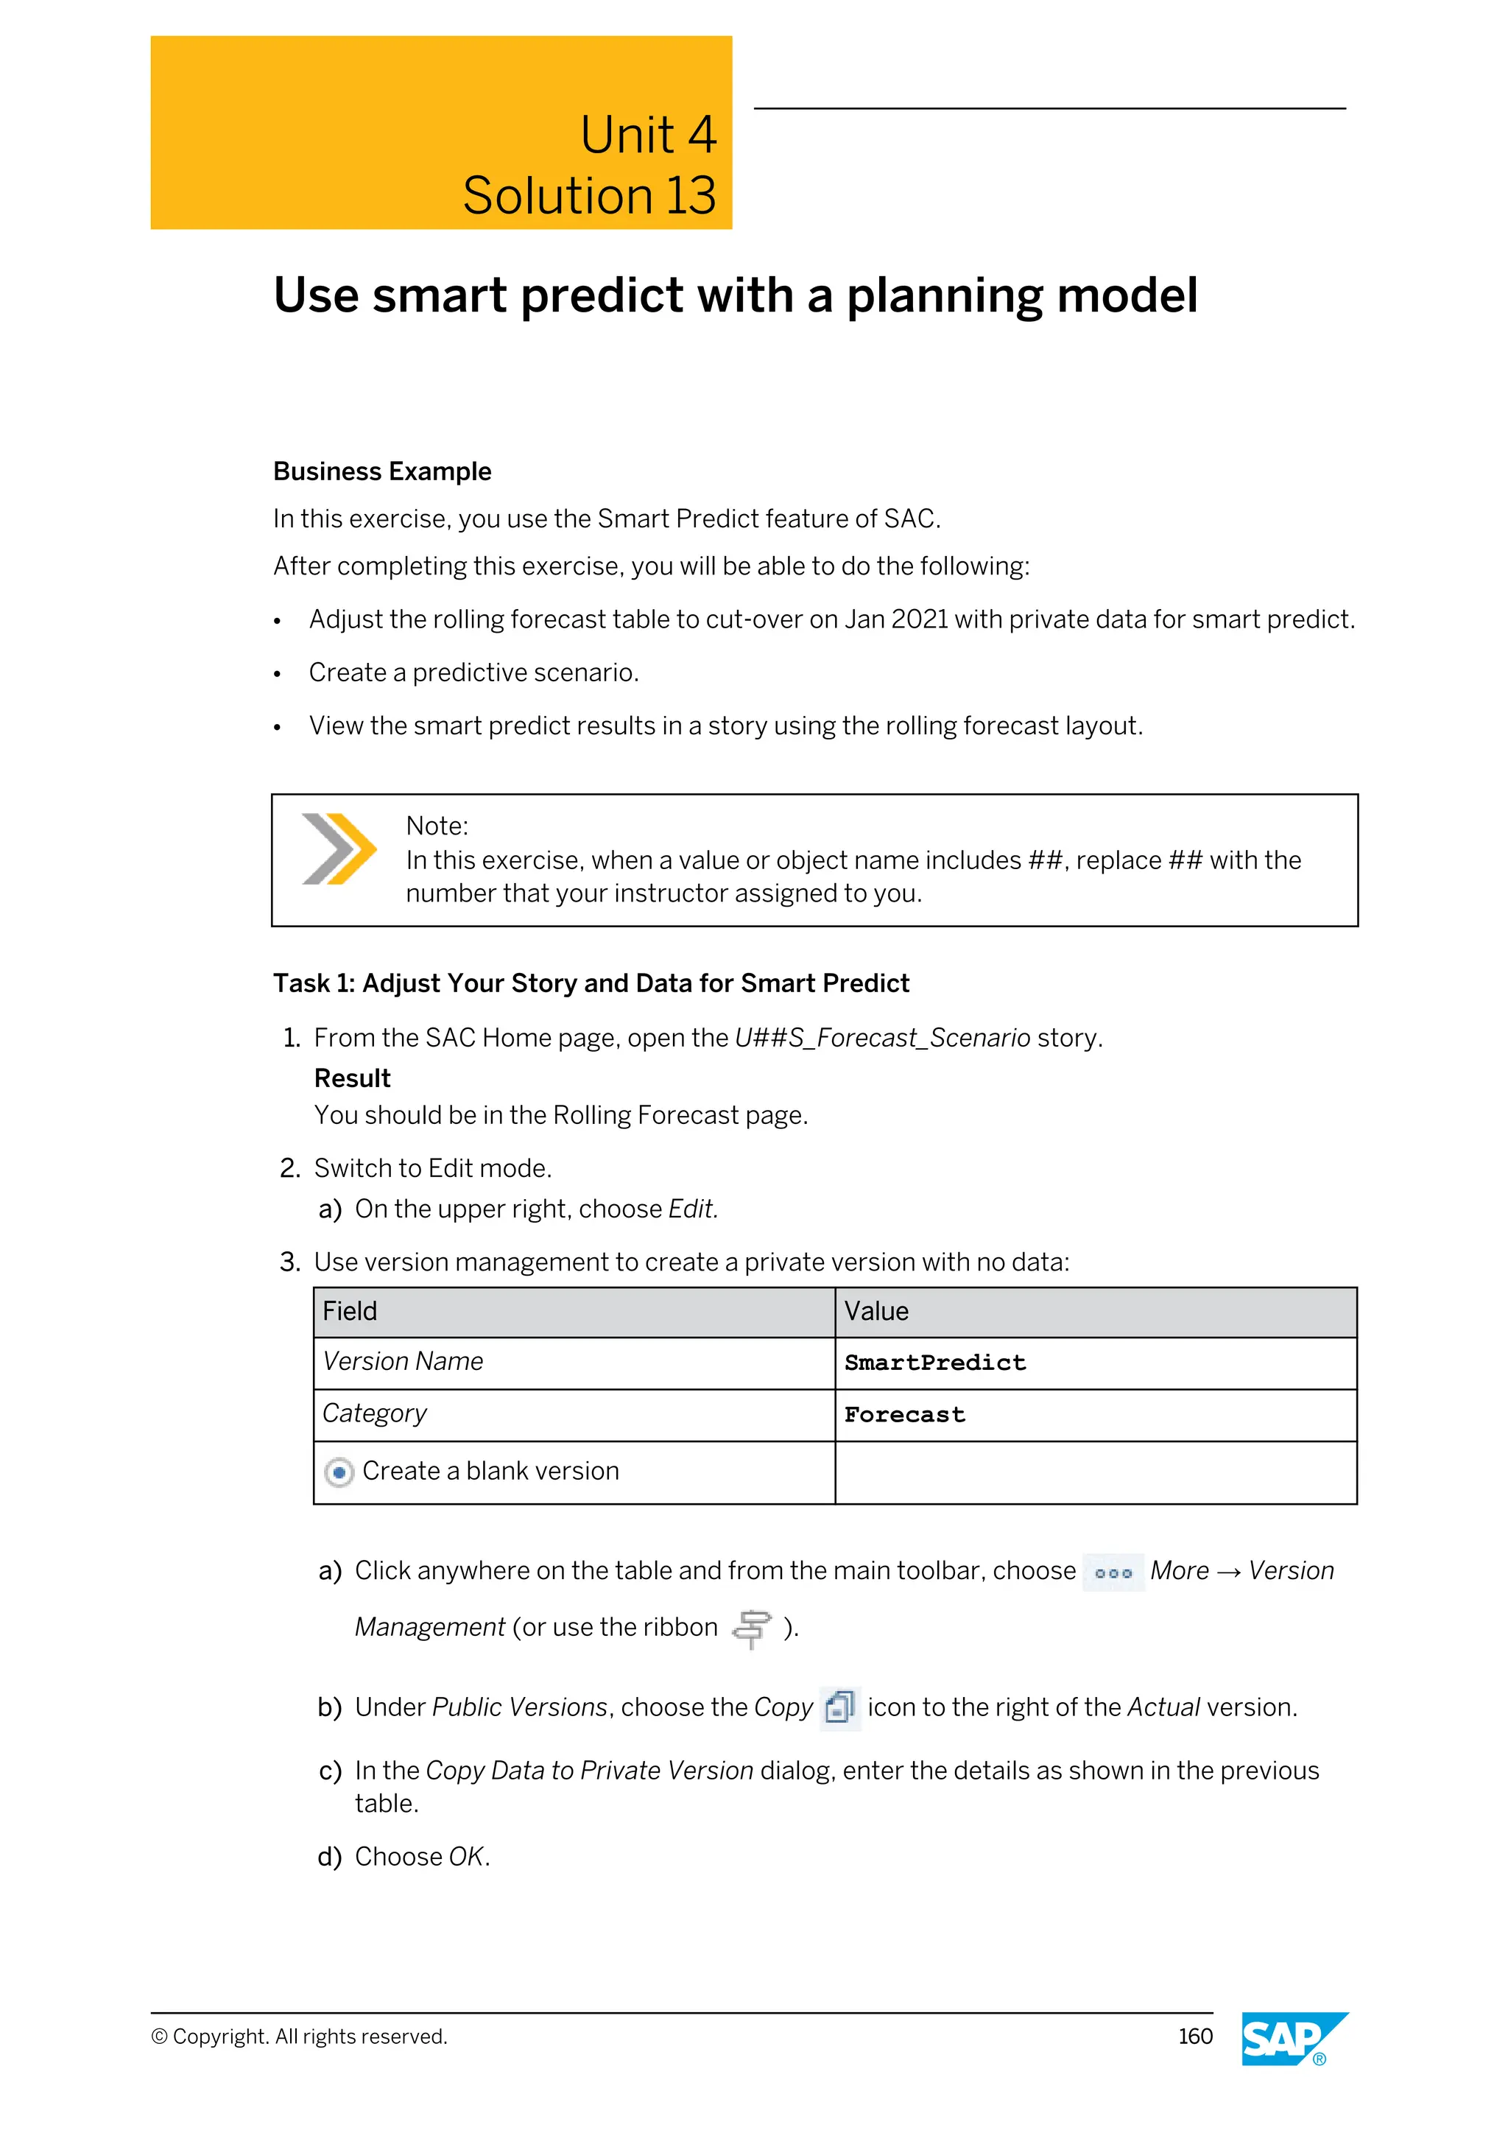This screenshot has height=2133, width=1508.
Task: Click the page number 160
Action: coord(1195,2037)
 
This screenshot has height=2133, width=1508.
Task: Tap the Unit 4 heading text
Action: coord(647,135)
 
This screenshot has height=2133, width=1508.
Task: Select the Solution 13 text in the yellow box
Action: coord(589,196)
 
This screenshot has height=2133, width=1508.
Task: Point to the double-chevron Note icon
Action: coord(338,848)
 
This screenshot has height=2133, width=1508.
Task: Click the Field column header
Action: coord(349,1311)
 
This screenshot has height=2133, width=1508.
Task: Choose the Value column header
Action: coord(875,1311)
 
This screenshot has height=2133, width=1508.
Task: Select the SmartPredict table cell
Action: coord(934,1363)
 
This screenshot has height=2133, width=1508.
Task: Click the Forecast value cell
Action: coord(904,1415)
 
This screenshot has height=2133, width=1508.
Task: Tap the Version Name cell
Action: coord(402,1361)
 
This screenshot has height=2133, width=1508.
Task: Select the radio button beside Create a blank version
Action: coord(339,1472)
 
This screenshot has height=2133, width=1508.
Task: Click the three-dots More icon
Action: coord(1113,1572)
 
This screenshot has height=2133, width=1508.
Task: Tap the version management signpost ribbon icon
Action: coord(751,1628)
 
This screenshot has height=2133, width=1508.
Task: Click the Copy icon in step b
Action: coord(839,1707)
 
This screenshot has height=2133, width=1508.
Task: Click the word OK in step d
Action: coord(466,1857)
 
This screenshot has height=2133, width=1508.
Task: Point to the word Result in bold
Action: coord(352,1078)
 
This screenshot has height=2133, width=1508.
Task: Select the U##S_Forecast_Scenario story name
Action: coord(882,1038)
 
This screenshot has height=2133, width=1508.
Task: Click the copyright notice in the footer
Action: coord(299,2037)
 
